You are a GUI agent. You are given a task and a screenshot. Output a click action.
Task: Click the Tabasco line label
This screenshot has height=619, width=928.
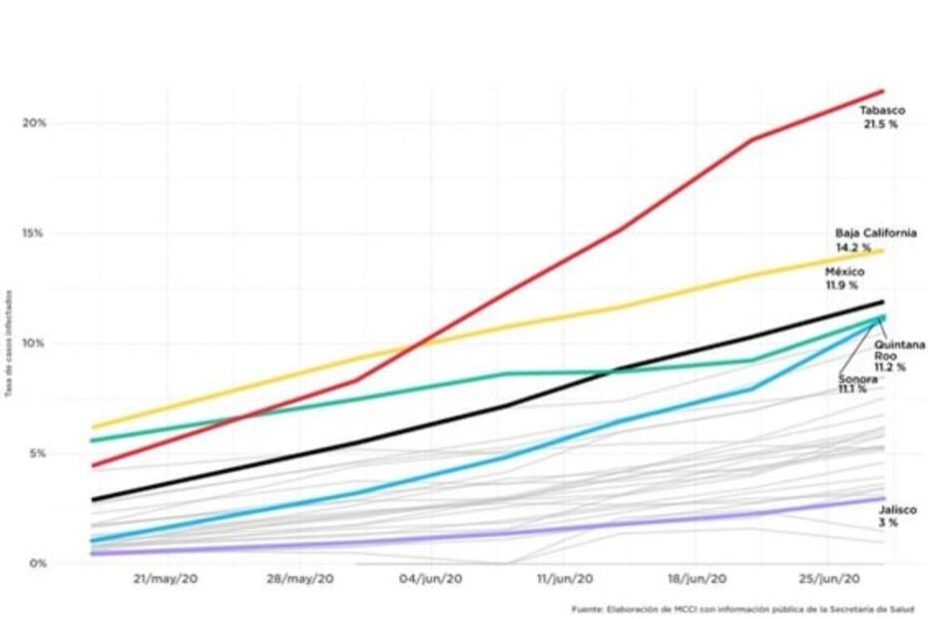point(882,111)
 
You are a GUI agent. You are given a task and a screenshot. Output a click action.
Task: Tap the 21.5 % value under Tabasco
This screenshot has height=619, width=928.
point(880,125)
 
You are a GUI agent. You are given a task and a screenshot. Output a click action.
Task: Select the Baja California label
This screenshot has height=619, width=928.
point(875,233)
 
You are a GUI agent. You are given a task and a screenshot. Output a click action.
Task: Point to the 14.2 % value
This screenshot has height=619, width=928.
point(853,247)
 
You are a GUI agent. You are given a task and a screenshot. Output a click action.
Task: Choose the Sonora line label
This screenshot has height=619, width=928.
point(857,378)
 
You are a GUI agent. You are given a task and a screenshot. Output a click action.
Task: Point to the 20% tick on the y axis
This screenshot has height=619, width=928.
point(35,123)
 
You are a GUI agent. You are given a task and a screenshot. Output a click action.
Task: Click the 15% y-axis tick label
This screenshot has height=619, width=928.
point(35,233)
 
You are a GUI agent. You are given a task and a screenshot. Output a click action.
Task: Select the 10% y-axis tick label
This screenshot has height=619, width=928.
point(35,342)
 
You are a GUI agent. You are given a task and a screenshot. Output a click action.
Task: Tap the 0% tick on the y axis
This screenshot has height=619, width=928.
point(37,563)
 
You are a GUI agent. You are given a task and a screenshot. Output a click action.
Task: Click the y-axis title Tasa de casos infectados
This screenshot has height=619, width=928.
point(9,342)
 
